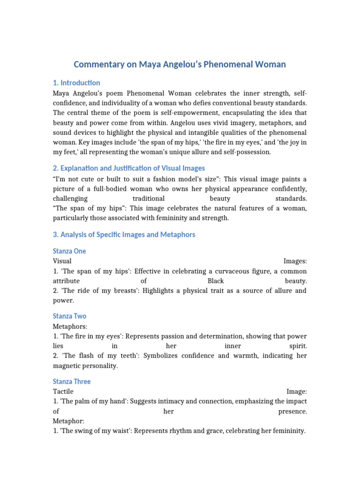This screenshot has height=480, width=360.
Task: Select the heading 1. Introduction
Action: tap(76, 83)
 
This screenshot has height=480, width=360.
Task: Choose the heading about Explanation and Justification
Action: tap(129, 168)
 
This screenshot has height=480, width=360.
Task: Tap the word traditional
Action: tap(149, 198)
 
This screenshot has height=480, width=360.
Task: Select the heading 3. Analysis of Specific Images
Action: tap(124, 234)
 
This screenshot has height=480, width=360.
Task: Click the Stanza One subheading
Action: tap(69, 251)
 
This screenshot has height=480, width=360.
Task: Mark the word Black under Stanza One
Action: tap(216, 281)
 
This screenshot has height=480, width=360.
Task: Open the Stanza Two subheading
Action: tap(69, 316)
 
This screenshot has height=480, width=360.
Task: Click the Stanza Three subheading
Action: tap(72, 382)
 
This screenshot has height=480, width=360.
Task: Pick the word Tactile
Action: tap(63, 391)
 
